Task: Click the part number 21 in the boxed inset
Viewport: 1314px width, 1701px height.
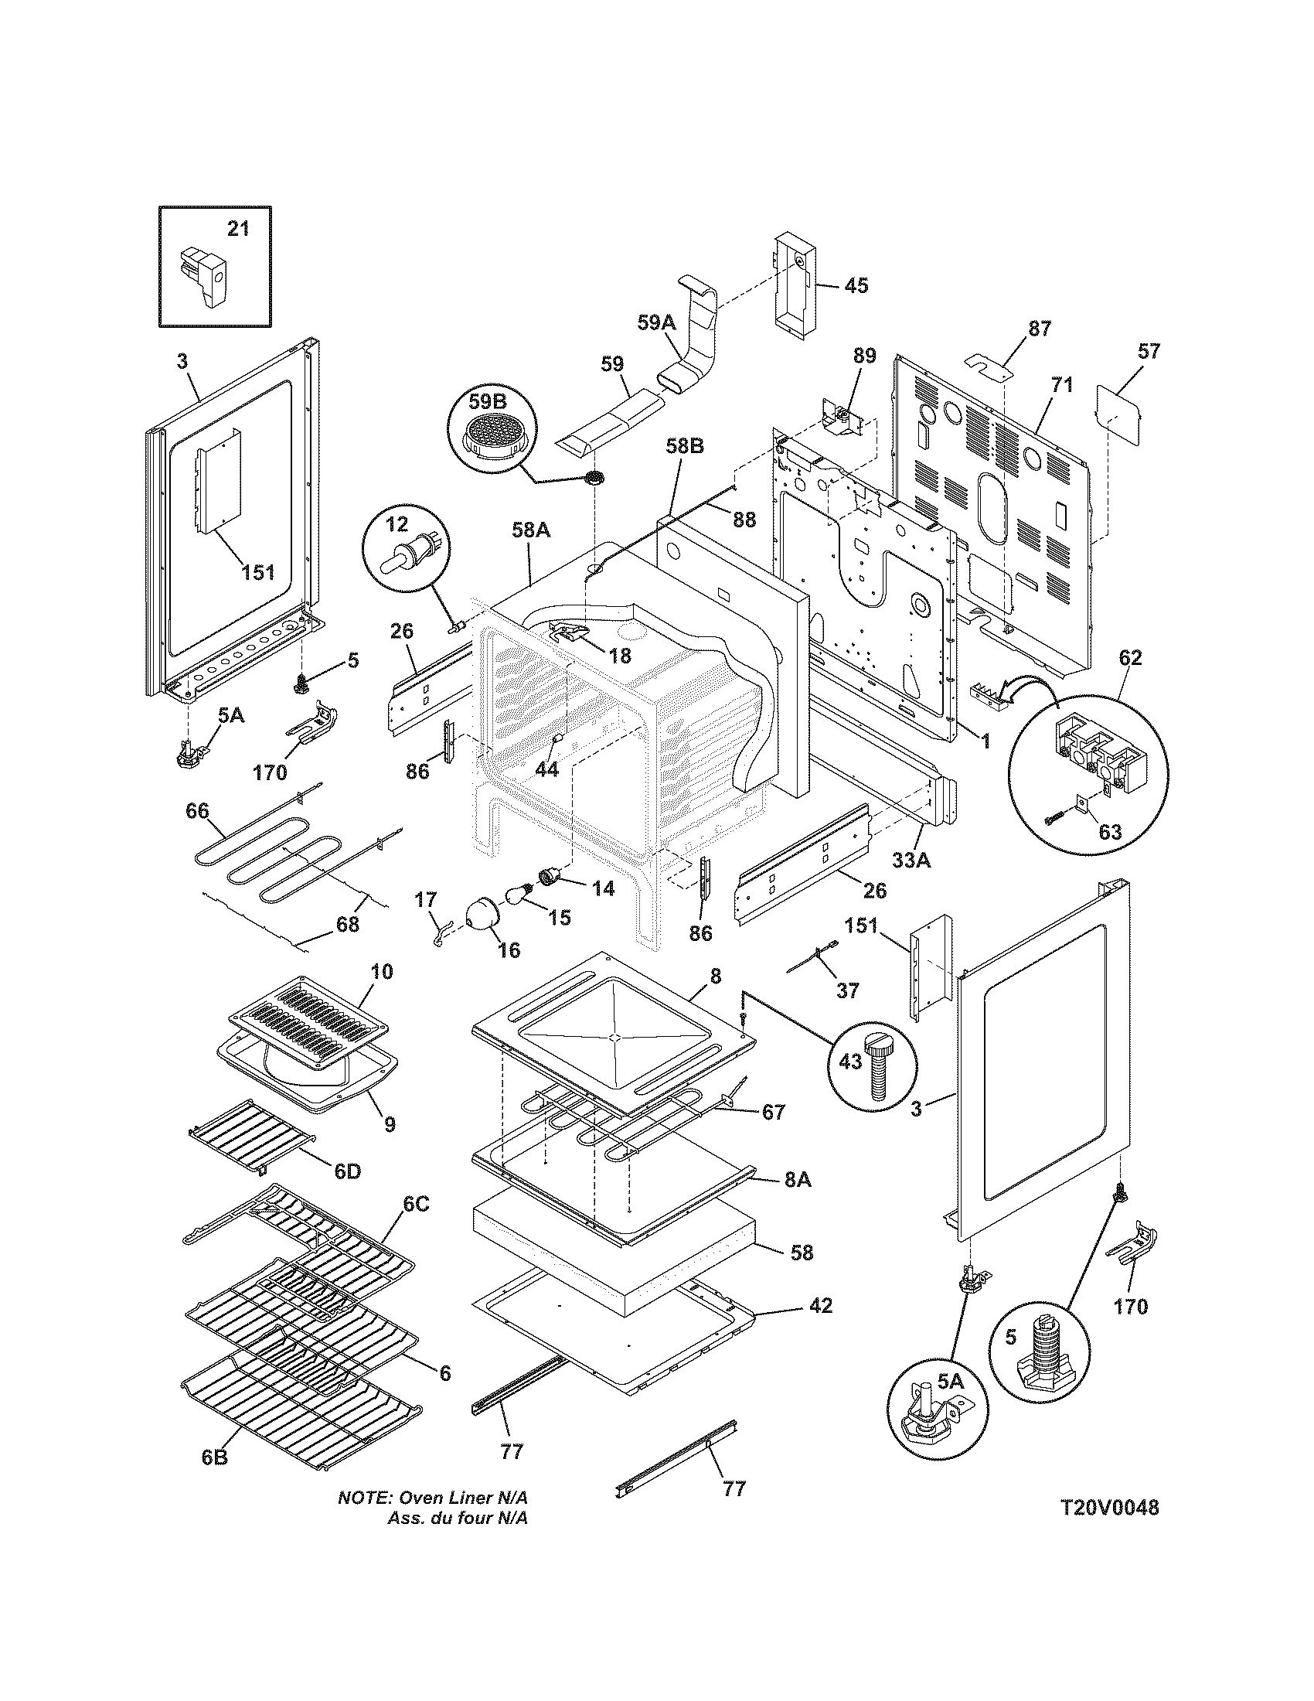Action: coord(238,229)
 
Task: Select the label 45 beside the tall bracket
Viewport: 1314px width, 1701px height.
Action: coord(856,285)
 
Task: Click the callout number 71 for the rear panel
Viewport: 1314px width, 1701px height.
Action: coord(1062,384)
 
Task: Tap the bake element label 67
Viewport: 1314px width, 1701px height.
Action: coord(773,1112)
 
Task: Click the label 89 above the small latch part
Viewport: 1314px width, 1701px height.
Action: coord(864,356)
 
